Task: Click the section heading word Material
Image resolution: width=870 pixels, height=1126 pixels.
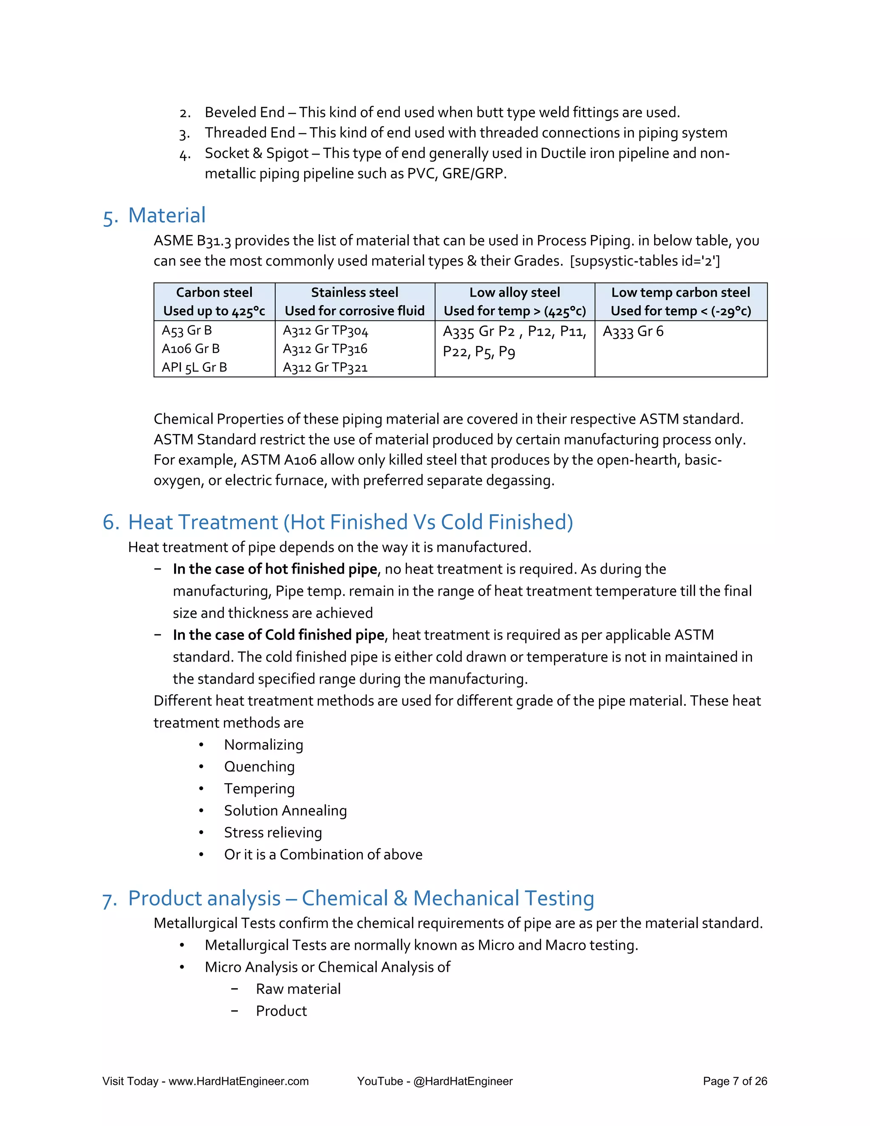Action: [x=167, y=215]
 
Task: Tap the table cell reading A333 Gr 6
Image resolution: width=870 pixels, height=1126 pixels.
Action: [x=633, y=331]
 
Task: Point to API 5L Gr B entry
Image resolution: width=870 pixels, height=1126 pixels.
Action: [x=194, y=368]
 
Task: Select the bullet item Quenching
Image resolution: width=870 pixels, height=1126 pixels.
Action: [x=259, y=767]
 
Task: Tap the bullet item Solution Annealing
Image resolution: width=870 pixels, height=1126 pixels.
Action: [x=285, y=810]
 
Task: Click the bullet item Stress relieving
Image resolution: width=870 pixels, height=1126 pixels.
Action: [x=273, y=833]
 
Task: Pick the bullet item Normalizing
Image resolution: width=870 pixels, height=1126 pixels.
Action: [x=263, y=745]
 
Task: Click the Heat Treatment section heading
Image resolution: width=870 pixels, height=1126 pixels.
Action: [x=350, y=522]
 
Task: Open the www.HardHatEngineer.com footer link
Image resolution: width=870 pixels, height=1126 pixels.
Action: [x=239, y=1081]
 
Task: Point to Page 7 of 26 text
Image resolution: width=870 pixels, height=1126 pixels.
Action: [x=734, y=1081]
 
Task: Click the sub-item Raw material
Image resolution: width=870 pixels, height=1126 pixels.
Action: [x=298, y=989]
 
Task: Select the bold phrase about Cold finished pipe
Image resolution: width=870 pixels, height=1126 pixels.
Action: [x=279, y=635]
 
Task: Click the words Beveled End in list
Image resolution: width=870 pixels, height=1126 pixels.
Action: [x=244, y=113]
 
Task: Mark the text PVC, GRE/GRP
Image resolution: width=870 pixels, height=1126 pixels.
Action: [x=456, y=174]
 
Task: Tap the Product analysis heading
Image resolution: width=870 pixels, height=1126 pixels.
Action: [x=361, y=898]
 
